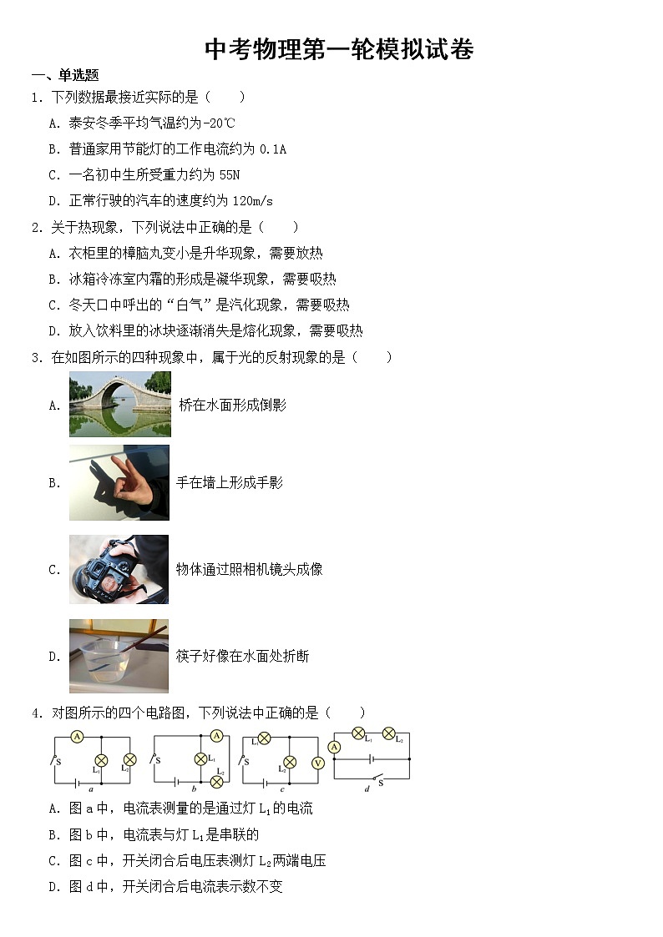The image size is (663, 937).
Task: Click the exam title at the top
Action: click(339, 50)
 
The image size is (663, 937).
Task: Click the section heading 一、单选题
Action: click(65, 75)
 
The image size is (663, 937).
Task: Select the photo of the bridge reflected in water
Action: click(119, 404)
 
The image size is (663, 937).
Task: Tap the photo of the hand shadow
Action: click(119, 482)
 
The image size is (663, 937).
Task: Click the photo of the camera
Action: click(119, 569)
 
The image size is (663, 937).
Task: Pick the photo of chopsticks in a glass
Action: click(119, 656)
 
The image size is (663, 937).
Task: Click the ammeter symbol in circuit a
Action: click(76, 737)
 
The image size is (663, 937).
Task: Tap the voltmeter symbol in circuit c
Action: click(317, 762)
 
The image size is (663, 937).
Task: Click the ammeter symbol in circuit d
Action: click(334, 747)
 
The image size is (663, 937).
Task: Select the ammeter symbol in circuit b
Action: click(216, 736)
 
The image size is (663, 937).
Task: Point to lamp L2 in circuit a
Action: click(129, 760)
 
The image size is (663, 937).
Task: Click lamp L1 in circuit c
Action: click(264, 738)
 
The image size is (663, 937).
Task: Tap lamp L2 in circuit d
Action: click(388, 733)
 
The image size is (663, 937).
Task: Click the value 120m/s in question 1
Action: click(253, 201)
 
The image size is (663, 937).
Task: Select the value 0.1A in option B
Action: click(273, 149)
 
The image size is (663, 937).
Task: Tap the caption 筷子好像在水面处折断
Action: click(242, 657)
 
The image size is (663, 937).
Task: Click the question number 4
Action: click(36, 713)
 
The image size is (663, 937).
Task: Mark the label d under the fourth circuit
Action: click(367, 788)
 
